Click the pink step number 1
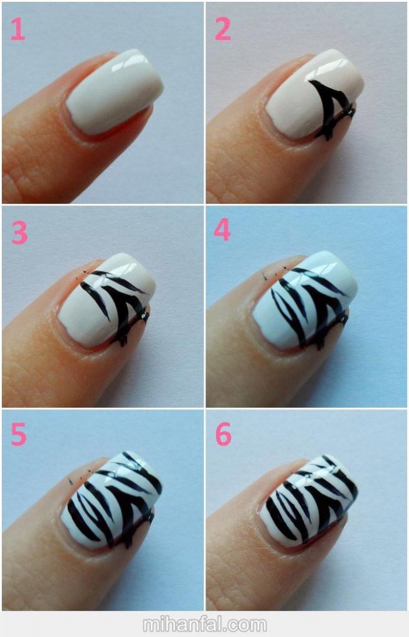pos(18,30)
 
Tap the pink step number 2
pos(223,29)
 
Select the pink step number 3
pos(19,233)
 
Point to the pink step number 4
pos(222,230)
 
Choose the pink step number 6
pos(223,434)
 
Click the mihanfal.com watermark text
pos(204,624)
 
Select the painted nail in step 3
pos(107,300)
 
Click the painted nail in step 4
pos(305,300)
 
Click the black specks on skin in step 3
pos(82,275)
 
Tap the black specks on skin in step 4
pos(275,272)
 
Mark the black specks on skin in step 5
pos(80,476)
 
